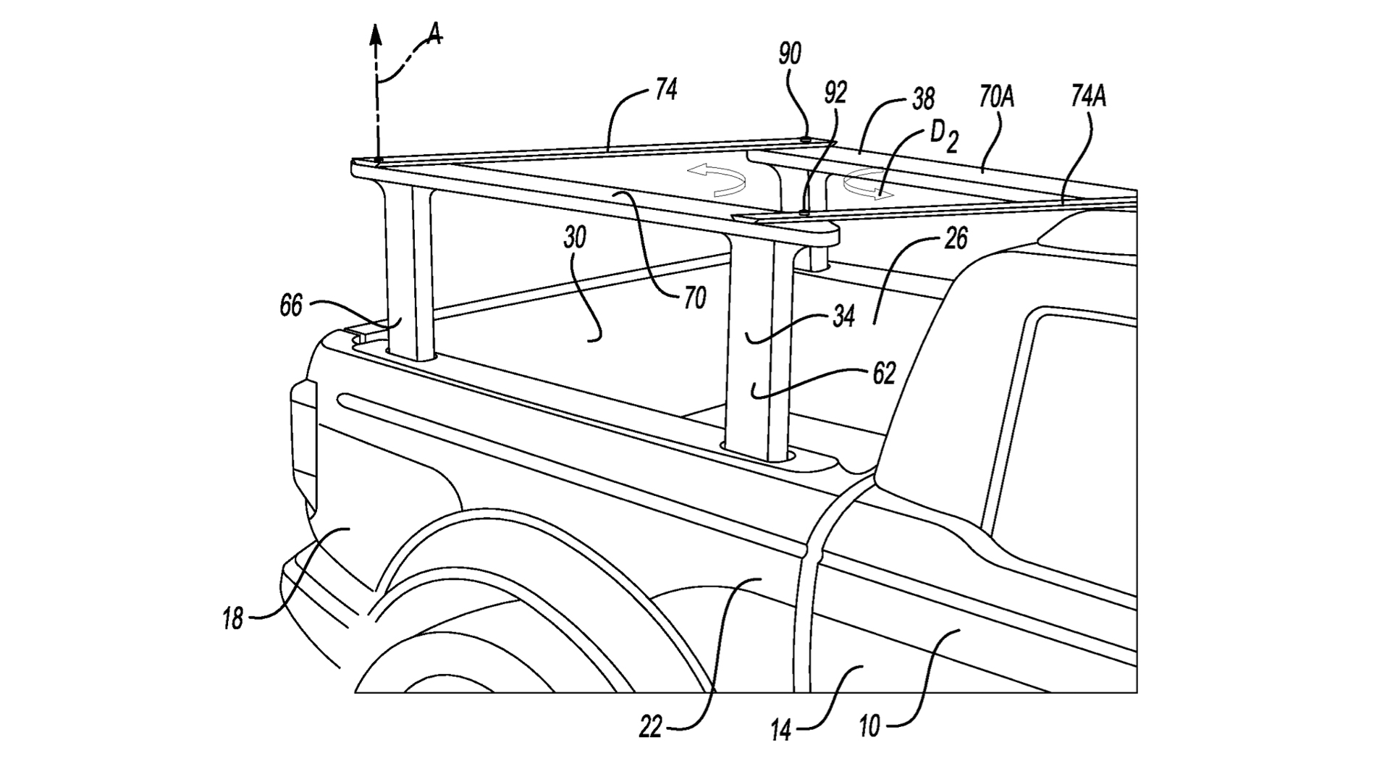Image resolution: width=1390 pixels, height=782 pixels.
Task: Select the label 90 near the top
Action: click(x=791, y=54)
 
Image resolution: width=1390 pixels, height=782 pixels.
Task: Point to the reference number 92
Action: click(x=835, y=93)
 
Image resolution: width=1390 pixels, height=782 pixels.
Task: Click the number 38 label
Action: click(x=922, y=98)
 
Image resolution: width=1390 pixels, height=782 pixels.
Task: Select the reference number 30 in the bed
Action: click(x=575, y=238)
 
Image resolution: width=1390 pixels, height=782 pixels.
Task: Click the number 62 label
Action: click(x=884, y=373)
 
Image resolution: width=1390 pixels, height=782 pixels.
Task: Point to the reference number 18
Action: click(x=233, y=620)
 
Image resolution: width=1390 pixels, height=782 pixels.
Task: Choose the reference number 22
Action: click(x=651, y=727)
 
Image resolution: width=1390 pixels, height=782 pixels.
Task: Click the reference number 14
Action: click(x=781, y=731)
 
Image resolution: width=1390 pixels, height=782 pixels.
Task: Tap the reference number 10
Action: click(x=869, y=726)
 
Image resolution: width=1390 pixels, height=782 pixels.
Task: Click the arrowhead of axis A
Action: click(x=376, y=33)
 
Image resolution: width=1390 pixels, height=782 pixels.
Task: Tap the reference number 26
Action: click(x=956, y=239)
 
